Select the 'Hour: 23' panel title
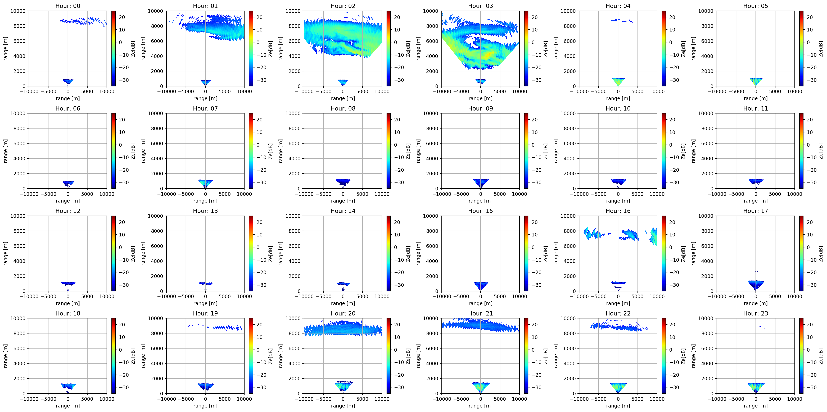(755, 313)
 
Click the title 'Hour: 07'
(205, 108)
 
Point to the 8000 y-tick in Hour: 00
(19, 26)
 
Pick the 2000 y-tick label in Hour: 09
(432, 174)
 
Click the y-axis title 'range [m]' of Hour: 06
(6, 151)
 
